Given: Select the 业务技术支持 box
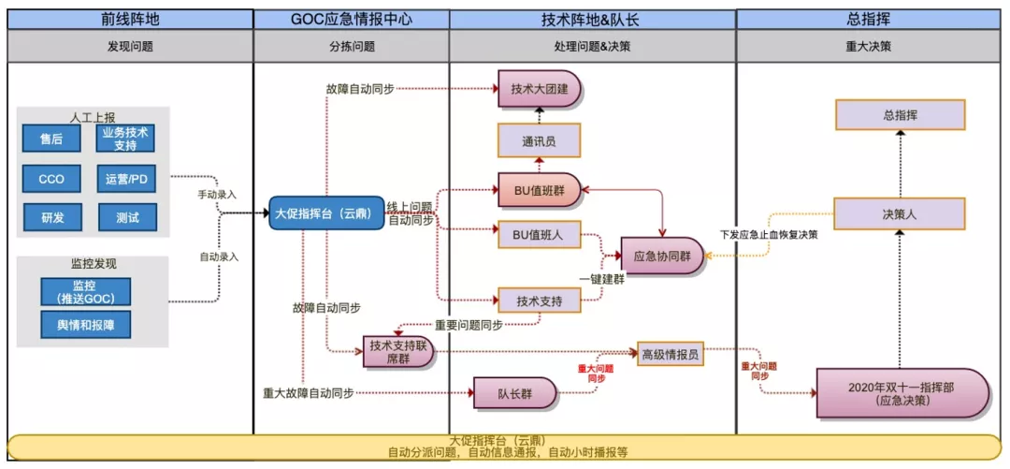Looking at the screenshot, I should pos(126,139).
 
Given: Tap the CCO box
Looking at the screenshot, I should pos(51,178).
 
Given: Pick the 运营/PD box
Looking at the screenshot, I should pos(126,178).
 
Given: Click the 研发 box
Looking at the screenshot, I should pos(51,217).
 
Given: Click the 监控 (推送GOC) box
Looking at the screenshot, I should pos(85,291).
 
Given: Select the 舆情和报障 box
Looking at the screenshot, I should pos(85,324).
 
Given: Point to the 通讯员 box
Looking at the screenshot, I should pos(539,142).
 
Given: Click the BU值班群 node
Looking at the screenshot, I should pos(539,189).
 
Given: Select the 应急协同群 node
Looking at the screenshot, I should pos(662,256).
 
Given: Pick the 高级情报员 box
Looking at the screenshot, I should pos(670,354).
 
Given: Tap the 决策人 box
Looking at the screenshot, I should pos(900,213).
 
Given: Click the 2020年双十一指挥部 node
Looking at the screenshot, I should pos(902,393).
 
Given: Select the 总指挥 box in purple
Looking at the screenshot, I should pos(900,115).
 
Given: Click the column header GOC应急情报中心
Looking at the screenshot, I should pos(351,19).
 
